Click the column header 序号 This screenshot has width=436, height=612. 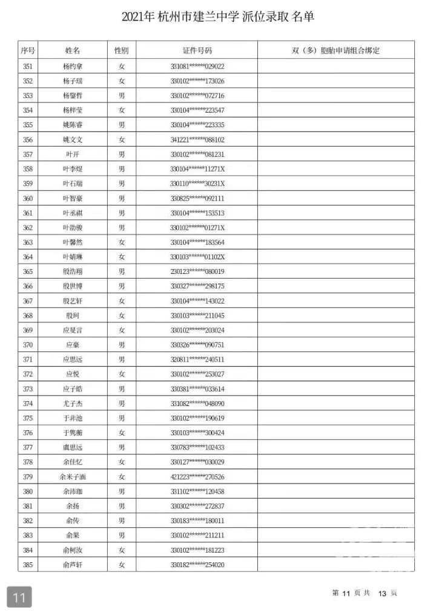(x=28, y=50)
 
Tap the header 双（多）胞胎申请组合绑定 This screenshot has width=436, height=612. (x=335, y=50)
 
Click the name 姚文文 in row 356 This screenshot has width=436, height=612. (x=72, y=139)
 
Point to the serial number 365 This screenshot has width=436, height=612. (x=28, y=271)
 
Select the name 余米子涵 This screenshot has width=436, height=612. (x=72, y=477)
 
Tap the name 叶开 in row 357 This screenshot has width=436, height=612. (x=72, y=155)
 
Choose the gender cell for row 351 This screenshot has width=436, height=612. (x=122, y=66)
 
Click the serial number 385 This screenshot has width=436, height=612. (x=28, y=565)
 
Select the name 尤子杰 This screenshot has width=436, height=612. (x=72, y=404)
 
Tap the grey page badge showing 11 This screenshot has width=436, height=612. (x=19, y=597)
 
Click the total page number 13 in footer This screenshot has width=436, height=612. (x=382, y=593)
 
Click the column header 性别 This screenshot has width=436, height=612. (x=122, y=50)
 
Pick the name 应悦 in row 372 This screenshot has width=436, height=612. (x=72, y=374)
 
